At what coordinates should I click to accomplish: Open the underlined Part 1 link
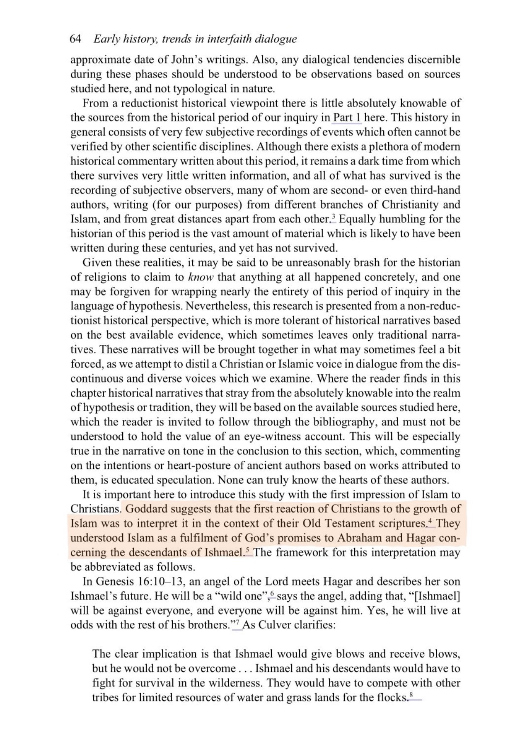pos(347,118)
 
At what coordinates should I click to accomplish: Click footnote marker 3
pos(334,217)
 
